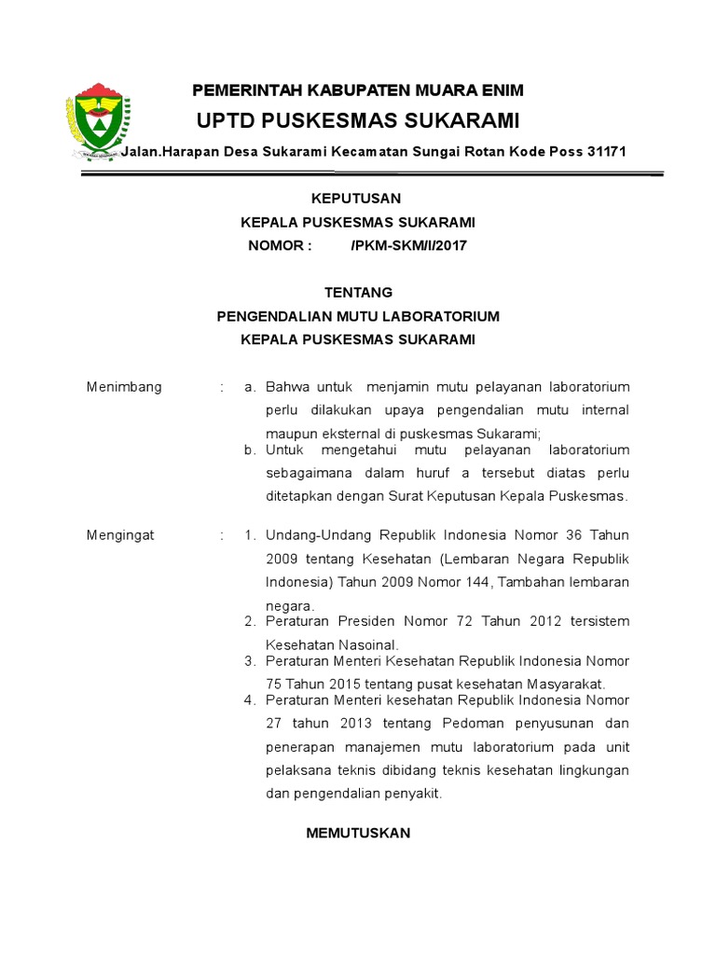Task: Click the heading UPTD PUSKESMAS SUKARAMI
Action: pos(358,121)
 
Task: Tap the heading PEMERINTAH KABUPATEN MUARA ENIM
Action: pos(358,90)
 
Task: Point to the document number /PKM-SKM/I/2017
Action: pos(408,245)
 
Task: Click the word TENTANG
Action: pos(358,292)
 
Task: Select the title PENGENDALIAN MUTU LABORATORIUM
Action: pos(358,316)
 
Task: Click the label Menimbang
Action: pos(124,387)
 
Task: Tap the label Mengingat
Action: pos(120,535)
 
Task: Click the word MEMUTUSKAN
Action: pos(358,833)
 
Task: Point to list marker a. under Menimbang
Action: pos(249,387)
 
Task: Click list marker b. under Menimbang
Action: pos(249,450)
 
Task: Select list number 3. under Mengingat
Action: pos(249,660)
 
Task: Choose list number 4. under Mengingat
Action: pos(249,699)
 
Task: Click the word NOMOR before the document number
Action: pos(276,245)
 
